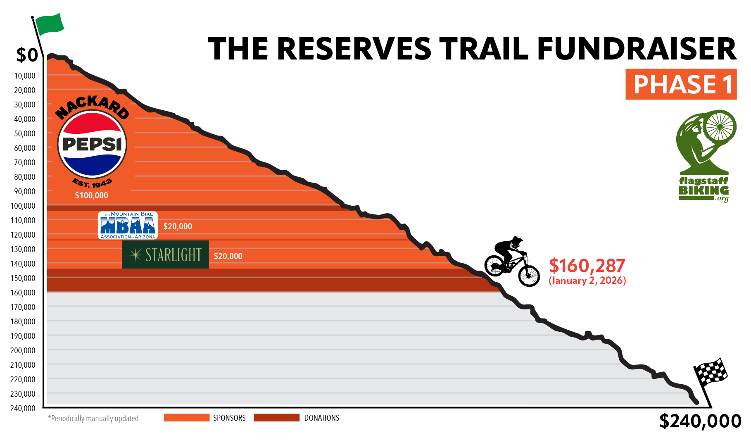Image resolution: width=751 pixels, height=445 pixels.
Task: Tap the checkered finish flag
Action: click(711, 372)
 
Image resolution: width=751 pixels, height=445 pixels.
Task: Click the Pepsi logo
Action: click(92, 144)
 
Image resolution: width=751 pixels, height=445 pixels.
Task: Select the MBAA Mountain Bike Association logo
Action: click(128, 226)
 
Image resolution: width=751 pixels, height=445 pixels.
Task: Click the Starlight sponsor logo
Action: click(165, 255)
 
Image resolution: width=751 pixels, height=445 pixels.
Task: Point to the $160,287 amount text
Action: click(587, 265)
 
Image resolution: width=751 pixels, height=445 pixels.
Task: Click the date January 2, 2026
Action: click(587, 281)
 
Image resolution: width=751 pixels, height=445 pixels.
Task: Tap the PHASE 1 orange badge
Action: click(681, 84)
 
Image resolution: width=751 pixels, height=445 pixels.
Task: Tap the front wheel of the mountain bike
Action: click(529, 275)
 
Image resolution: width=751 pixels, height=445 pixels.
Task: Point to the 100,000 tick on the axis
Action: click(23, 206)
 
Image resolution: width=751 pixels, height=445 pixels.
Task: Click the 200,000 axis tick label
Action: click(23, 350)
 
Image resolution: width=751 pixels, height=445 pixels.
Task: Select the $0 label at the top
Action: click(27, 55)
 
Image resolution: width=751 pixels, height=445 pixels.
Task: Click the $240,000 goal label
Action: click(700, 421)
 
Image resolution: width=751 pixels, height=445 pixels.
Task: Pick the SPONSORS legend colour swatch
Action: click(186, 418)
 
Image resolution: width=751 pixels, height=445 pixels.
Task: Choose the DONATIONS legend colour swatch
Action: click(276, 418)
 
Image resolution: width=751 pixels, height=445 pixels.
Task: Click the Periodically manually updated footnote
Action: click(93, 418)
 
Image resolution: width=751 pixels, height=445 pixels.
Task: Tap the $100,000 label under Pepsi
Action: click(91, 195)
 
